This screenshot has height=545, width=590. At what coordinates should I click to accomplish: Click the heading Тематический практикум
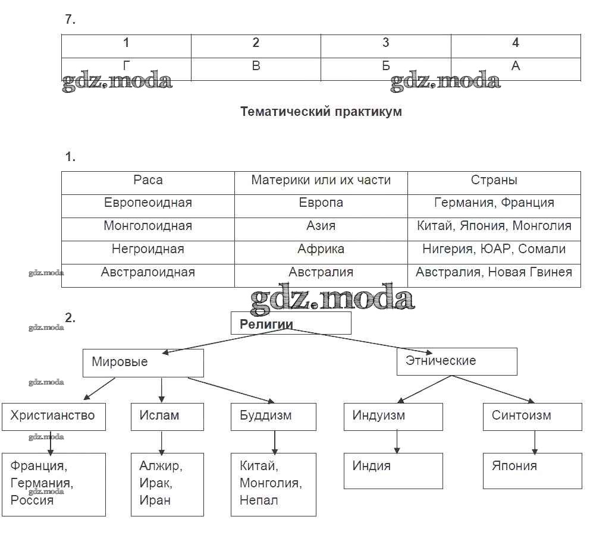coord(321,112)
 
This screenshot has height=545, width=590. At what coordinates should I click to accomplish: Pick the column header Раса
coord(148,180)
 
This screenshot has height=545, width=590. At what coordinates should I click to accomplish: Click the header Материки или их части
coord(321,180)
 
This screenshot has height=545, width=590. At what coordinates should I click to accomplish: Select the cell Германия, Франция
coord(494,203)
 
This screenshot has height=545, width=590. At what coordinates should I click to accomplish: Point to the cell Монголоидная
coord(148,226)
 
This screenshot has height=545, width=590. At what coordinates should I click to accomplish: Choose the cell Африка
coord(321,250)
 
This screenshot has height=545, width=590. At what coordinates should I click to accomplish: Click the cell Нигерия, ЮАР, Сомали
coord(494,250)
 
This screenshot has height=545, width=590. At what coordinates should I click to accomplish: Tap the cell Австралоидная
coord(148,273)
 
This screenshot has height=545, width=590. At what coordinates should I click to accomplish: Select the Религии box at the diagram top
coord(291,324)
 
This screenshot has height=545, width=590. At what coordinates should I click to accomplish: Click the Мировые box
coord(143,363)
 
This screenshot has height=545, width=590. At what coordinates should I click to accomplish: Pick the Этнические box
coord(457,361)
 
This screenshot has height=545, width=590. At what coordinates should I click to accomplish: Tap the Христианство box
coord(53,416)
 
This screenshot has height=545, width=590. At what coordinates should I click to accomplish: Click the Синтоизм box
coord(532,416)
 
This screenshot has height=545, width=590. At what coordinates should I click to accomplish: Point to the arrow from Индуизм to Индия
coord(397,442)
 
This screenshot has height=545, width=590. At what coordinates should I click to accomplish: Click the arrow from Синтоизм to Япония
coord(535,442)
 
